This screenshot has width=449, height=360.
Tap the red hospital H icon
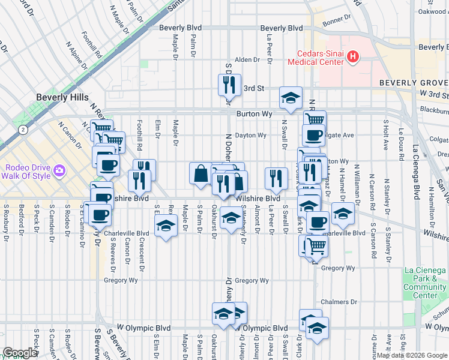353,57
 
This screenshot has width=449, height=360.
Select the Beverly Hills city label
62,97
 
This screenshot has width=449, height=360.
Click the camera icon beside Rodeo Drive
59,171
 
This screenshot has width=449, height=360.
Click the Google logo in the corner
20,353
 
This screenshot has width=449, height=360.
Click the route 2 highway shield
23,129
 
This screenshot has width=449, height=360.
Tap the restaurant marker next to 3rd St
229,86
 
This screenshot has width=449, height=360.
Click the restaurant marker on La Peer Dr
276,178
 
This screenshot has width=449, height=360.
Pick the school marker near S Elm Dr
165,226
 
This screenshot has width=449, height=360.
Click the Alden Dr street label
247,59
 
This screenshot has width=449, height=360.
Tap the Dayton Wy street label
250,136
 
